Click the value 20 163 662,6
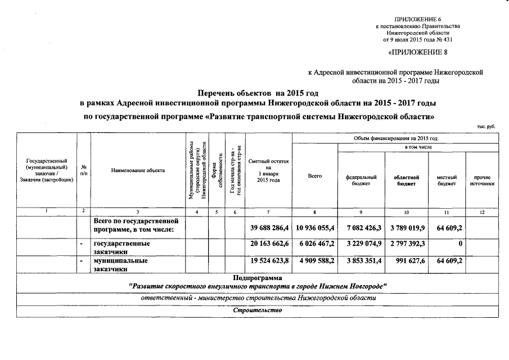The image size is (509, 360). (x=268, y=245)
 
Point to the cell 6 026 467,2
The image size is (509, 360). (x=315, y=245)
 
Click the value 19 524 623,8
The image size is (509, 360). (x=268, y=262)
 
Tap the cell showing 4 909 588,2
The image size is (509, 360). (x=315, y=262)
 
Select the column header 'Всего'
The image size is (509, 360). (x=315, y=177)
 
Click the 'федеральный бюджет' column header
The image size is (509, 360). (x=361, y=180)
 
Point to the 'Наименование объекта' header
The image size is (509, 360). (x=138, y=170)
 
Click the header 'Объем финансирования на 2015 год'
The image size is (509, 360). (x=395, y=138)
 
